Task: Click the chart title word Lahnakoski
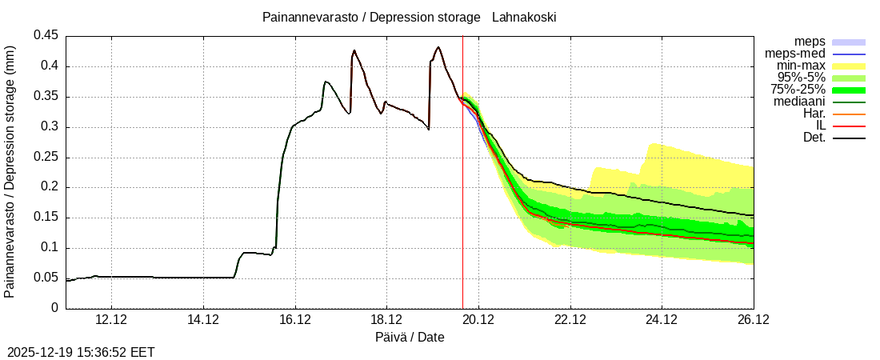524,17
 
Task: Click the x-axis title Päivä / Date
410,338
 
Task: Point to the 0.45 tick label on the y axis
46,36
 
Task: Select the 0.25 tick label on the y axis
46,157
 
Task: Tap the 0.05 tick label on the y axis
46,278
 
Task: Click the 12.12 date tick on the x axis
112,320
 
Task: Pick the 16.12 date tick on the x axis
295,320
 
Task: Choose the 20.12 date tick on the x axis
478,320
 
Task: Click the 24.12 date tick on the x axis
662,320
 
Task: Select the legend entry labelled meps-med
795,54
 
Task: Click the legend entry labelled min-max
801,66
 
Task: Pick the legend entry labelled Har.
814,114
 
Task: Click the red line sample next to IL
849,126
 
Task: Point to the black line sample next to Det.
849,138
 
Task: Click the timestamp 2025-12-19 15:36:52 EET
81,352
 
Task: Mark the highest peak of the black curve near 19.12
438,47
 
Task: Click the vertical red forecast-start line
462,200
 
